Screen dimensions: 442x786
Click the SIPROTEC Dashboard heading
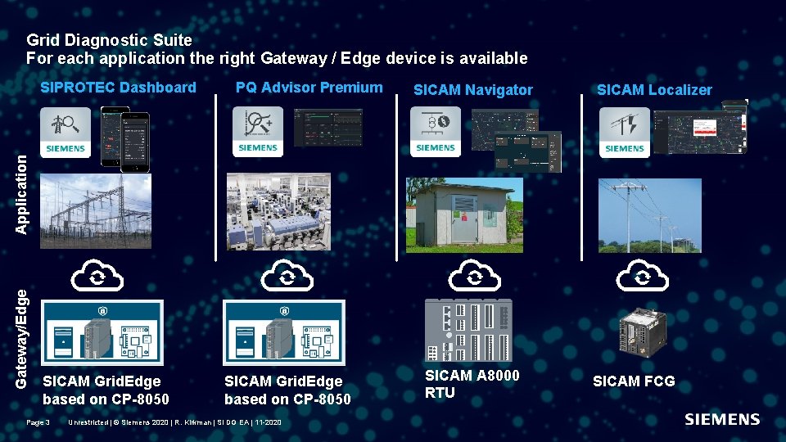pos(119,88)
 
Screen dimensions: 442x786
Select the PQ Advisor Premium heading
pos(309,88)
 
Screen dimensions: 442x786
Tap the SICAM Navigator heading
pos(472,90)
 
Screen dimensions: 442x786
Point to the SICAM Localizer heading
pos(654,90)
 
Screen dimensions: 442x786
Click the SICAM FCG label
pos(634,381)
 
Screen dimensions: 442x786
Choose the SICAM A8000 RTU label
pos(472,384)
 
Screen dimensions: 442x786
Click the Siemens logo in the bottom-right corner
pos(721,420)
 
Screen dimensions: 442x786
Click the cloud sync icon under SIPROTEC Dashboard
pos(97,277)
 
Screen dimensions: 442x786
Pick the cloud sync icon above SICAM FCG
pos(642,277)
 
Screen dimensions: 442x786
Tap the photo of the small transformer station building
pos(464,215)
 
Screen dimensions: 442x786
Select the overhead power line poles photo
pos(649,215)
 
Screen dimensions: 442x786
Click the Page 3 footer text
pos(38,422)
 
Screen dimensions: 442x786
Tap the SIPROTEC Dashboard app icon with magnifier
pos(65,131)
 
